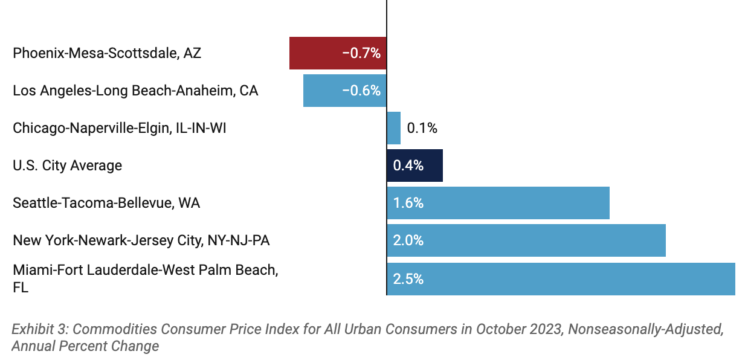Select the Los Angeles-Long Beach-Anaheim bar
323,91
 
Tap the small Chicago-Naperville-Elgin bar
393,128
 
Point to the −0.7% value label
361,53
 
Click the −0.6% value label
361,91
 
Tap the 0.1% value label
422,128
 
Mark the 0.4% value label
408,166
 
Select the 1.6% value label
408,203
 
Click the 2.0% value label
408,240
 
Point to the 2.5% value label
408,279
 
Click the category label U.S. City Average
67,166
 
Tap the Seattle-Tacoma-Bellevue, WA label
106,203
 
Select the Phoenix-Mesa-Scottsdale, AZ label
107,53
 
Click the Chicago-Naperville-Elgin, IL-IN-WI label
120,128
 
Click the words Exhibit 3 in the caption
40,329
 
